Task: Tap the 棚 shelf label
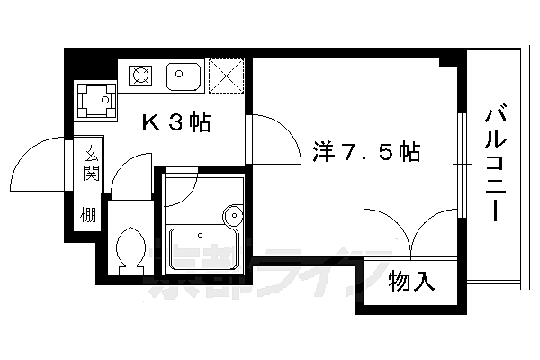click(87, 216)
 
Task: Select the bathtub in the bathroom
click(206, 248)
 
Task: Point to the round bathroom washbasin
click(234, 216)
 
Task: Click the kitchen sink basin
click(185, 76)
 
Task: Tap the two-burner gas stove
click(141, 75)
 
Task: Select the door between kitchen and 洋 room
click(272, 139)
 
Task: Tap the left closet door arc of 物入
click(385, 230)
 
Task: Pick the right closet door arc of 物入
click(436, 230)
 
